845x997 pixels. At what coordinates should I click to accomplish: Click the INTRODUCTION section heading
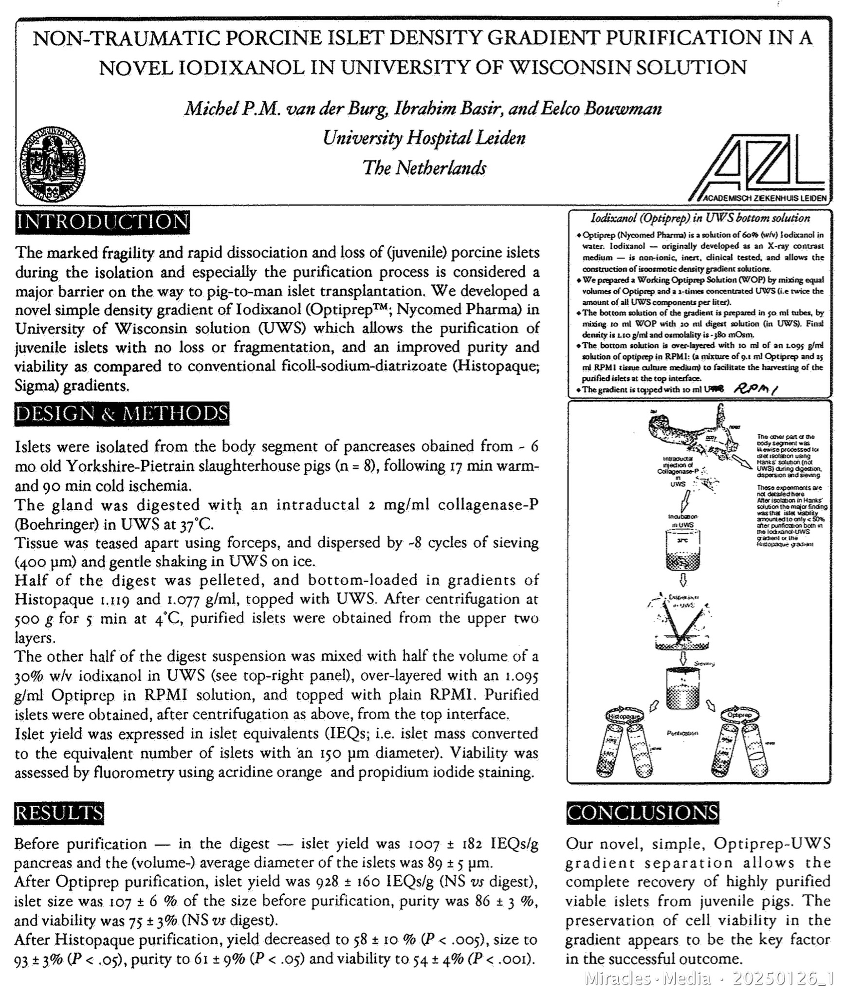click(102, 222)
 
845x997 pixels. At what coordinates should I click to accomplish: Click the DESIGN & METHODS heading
click(122, 414)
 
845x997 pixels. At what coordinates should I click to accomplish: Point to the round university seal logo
click(53, 165)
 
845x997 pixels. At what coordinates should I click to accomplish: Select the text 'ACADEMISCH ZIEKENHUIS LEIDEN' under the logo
click(764, 198)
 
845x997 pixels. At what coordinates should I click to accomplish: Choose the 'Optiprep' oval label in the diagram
click(739, 716)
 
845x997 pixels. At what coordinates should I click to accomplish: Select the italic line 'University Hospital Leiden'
click(424, 138)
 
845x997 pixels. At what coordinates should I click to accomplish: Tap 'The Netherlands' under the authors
click(424, 168)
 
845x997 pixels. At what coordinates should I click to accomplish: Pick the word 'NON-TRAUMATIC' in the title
click(112, 38)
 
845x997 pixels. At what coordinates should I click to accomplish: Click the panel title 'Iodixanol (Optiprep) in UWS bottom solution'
click(700, 219)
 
